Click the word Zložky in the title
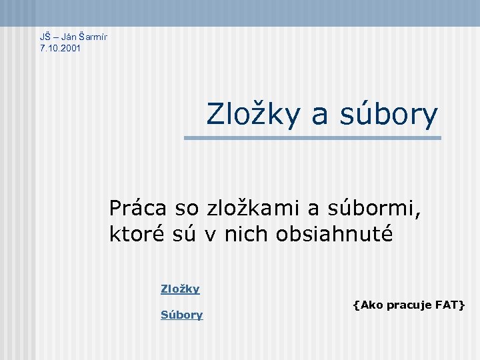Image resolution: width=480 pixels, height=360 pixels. [x=255, y=114]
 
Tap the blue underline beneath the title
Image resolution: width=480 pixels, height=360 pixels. [x=313, y=138]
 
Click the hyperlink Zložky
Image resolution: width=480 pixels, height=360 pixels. [x=180, y=289]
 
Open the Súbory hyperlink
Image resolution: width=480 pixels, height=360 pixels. [x=181, y=315]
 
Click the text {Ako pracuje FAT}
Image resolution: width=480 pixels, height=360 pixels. [x=409, y=305]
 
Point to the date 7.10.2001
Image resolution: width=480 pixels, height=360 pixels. [x=61, y=48]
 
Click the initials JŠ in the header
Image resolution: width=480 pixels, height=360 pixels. [x=45, y=36]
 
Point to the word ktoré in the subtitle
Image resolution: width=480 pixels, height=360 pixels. [x=131, y=234]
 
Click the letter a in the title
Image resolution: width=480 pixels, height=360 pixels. [x=319, y=115]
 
